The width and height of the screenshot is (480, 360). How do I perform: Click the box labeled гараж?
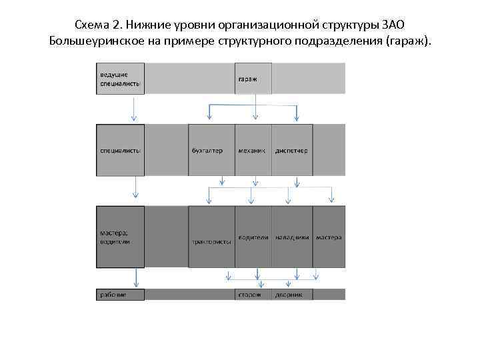[253, 78]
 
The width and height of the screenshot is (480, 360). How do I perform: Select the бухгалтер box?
[211, 150]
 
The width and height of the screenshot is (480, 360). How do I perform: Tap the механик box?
[253, 150]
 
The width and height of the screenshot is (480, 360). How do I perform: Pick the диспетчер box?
[292, 150]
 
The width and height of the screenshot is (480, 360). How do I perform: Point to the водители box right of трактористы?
[253, 237]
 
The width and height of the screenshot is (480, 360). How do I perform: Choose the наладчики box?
[292, 237]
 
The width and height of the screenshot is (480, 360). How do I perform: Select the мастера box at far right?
[329, 237]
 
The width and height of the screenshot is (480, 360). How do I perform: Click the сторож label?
[249, 294]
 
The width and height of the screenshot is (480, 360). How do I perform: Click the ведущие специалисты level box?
[120, 78]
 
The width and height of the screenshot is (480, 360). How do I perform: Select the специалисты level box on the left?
[120, 150]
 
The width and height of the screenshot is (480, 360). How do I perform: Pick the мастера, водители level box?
[120, 237]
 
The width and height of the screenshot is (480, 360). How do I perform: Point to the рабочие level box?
[120, 294]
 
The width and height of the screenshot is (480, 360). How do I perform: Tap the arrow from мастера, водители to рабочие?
[136, 277]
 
